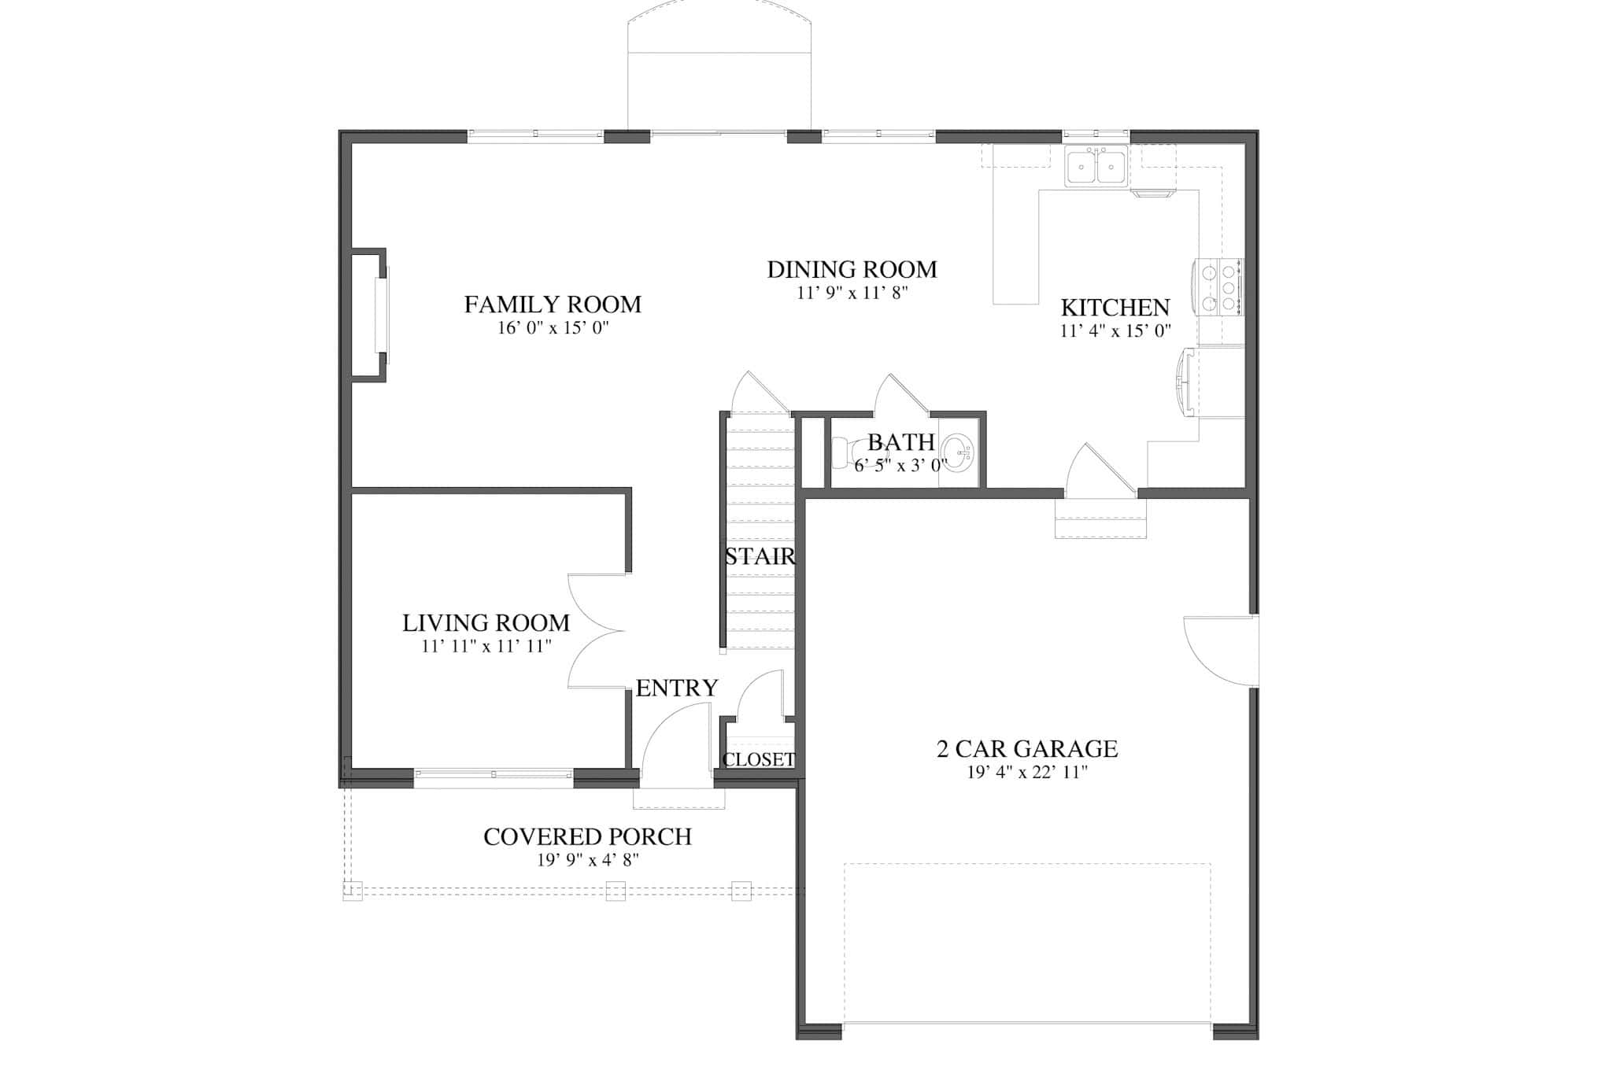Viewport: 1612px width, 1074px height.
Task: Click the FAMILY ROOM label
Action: click(553, 304)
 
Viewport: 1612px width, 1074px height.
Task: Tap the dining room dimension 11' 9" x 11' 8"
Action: click(852, 293)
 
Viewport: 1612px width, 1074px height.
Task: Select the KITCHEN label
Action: click(1115, 308)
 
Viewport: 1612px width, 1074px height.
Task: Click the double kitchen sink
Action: click(1096, 167)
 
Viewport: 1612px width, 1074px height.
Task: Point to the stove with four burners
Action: click(1219, 287)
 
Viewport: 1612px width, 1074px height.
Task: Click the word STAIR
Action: click(760, 557)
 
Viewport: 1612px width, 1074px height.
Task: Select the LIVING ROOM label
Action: click(486, 623)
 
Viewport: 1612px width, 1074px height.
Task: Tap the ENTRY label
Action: click(677, 688)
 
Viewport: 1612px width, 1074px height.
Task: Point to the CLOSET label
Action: click(759, 760)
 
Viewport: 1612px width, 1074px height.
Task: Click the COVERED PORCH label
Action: click(587, 837)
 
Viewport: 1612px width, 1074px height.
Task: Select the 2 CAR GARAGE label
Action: click(1026, 749)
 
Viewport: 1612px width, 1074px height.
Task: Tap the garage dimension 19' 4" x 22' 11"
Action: click(1026, 773)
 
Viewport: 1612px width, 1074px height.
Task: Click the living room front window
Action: click(494, 775)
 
